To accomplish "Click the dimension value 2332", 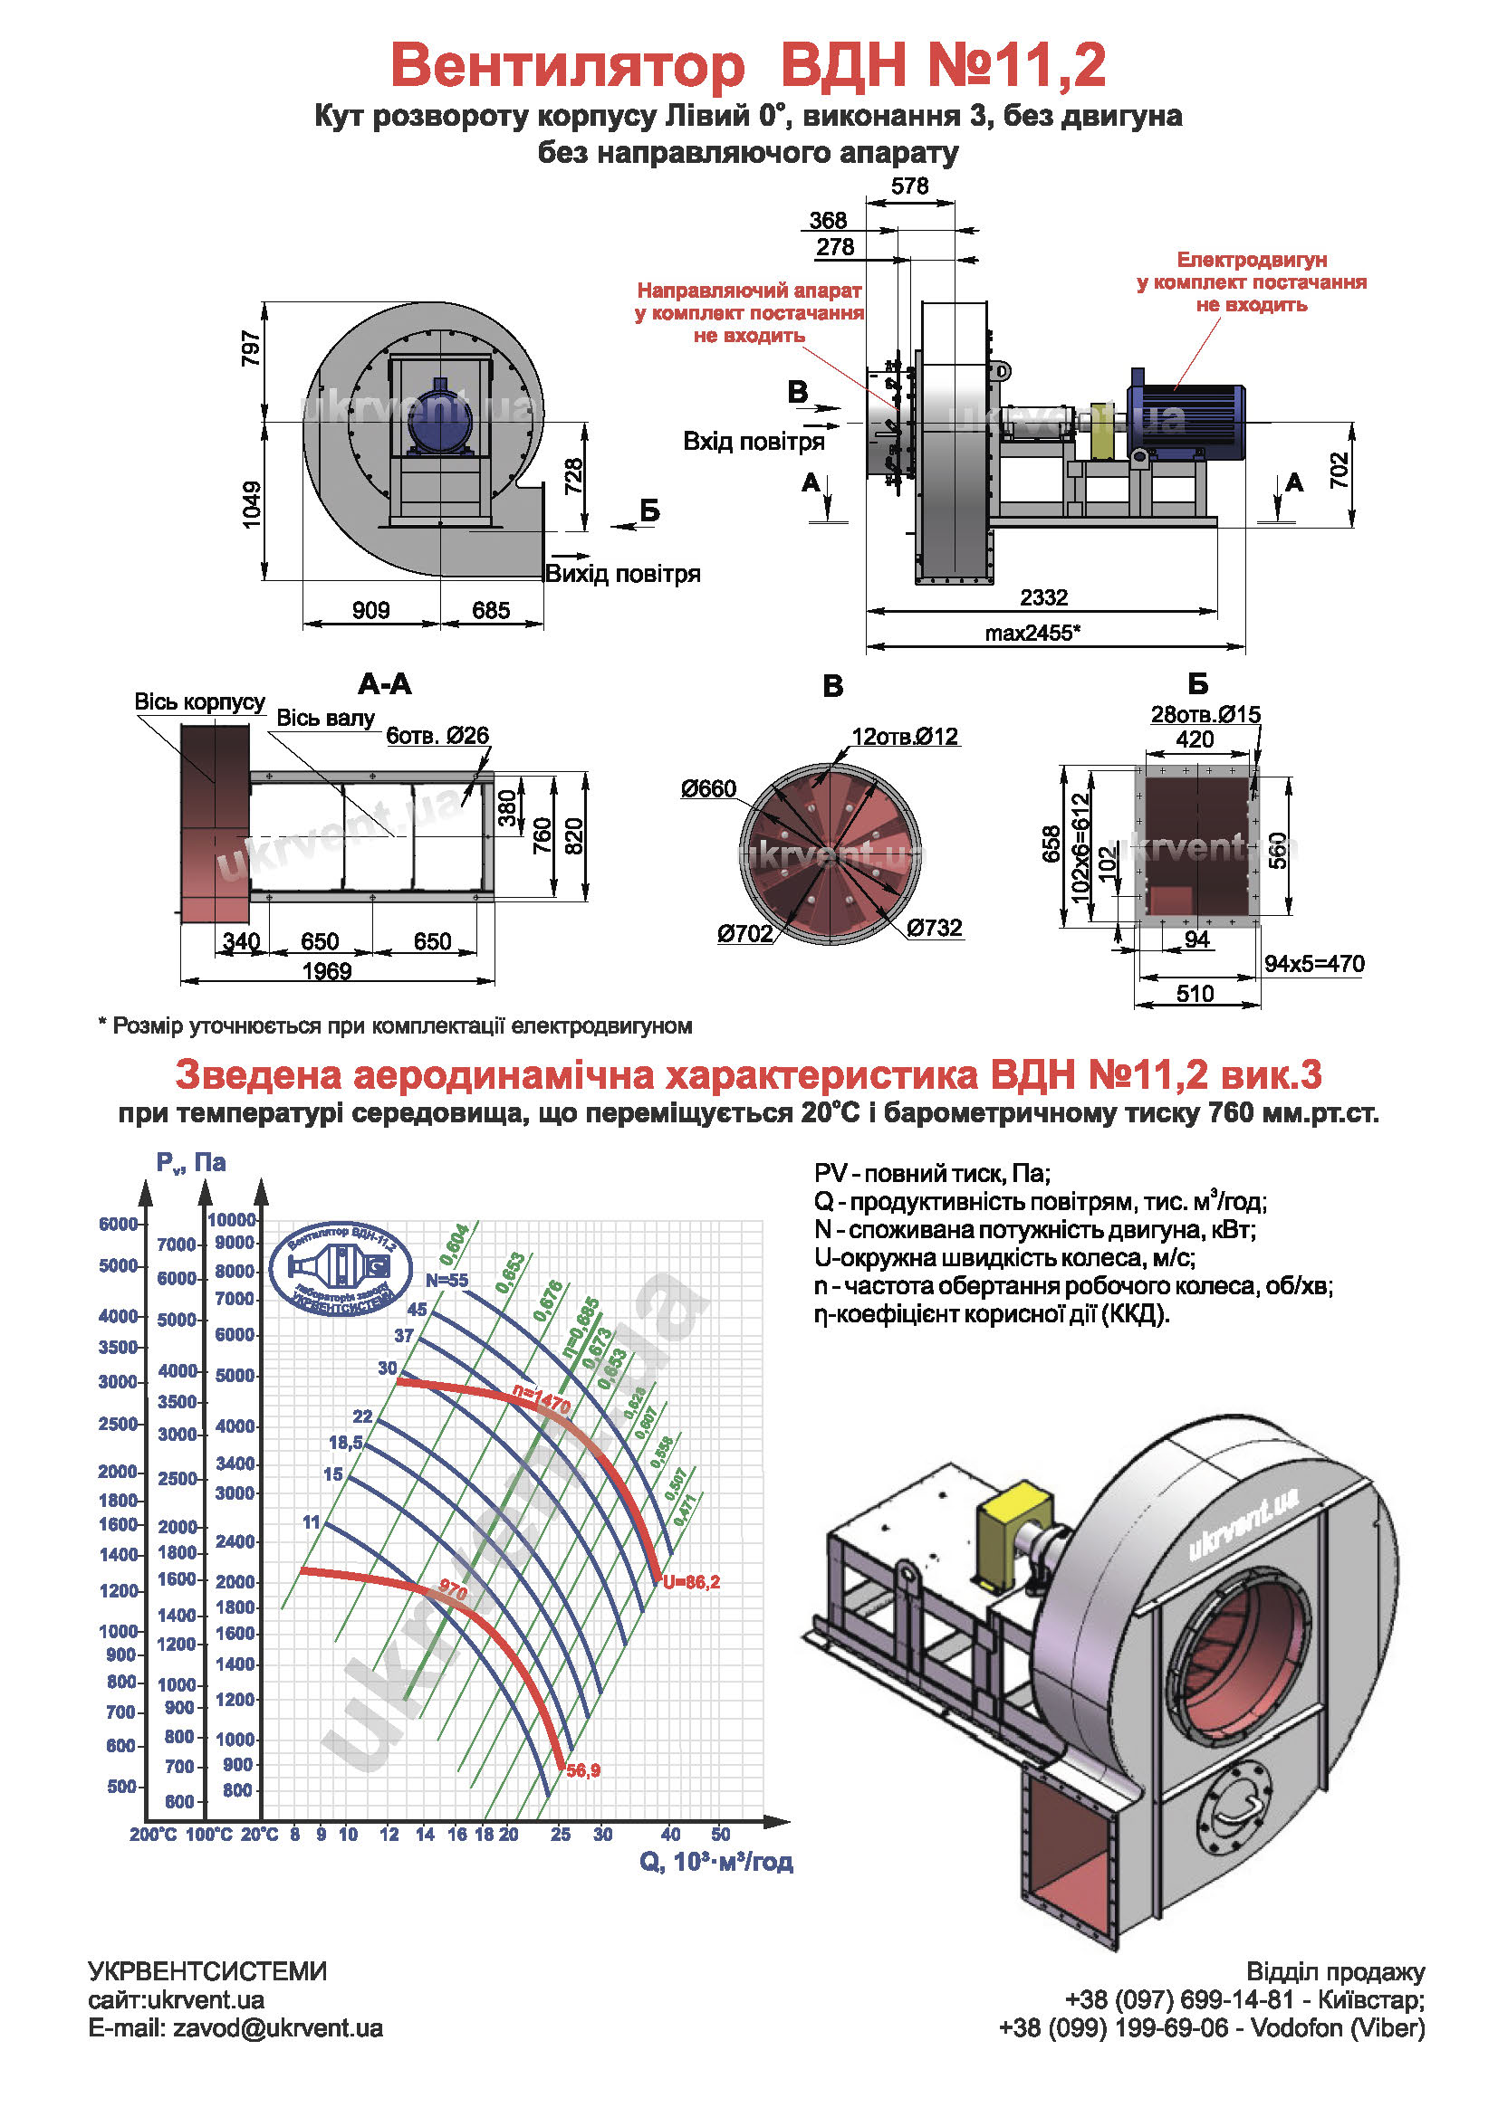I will click(1043, 597).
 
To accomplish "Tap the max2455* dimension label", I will click(1032, 633).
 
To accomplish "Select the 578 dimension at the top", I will click(909, 186).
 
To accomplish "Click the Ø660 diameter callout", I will click(708, 788).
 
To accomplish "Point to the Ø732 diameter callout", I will click(935, 928).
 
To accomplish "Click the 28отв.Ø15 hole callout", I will click(1205, 715).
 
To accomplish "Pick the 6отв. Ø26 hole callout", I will click(437, 735).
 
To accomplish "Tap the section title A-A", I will click(385, 684).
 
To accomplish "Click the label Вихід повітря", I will click(622, 575).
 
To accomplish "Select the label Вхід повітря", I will click(754, 442).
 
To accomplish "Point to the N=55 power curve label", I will click(447, 1280).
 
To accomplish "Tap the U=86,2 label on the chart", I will click(692, 1582).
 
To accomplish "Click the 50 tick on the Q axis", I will click(720, 1834).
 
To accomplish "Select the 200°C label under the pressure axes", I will click(153, 1835).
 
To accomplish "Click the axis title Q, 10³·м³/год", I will click(715, 1862).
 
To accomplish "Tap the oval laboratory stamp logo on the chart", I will click(341, 1270).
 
